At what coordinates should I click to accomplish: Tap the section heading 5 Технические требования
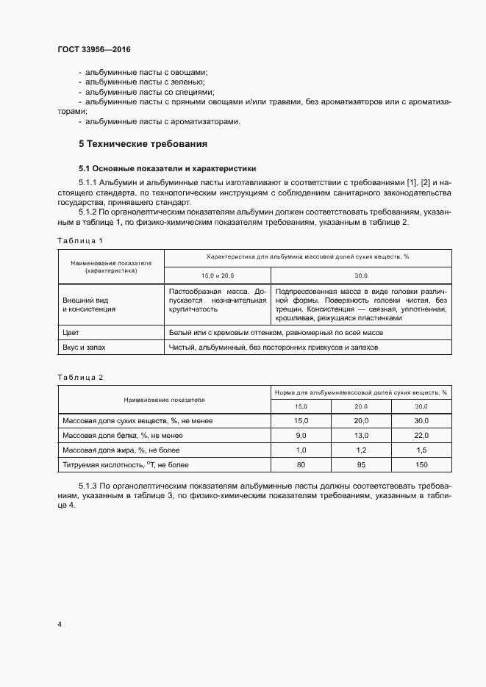(143, 143)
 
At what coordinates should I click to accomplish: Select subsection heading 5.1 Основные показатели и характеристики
(167, 168)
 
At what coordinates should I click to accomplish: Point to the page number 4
(60, 624)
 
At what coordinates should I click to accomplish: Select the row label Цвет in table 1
(72, 333)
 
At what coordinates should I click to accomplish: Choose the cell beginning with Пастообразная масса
(218, 300)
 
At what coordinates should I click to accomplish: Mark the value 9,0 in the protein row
(301, 434)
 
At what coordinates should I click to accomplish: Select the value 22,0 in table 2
(421, 434)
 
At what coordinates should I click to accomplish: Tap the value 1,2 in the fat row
(361, 449)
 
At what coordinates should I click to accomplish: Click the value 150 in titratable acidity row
(421, 464)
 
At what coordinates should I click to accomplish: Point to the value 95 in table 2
(361, 464)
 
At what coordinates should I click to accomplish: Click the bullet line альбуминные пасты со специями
(149, 93)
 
